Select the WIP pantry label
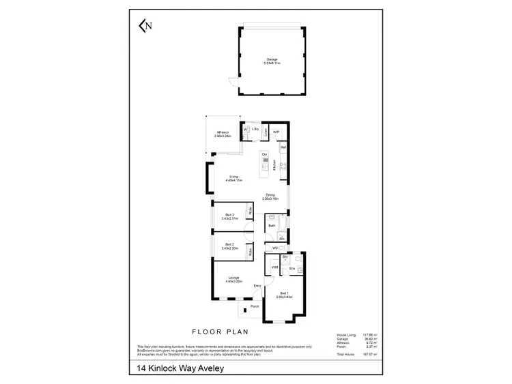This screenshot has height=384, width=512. [x=276, y=132]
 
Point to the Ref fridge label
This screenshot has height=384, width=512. [x=282, y=147]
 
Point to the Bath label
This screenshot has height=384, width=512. [x=272, y=225]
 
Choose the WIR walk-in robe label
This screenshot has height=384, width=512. [x=274, y=267]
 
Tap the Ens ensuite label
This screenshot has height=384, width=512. [x=291, y=269]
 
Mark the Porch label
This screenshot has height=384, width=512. [x=254, y=306]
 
